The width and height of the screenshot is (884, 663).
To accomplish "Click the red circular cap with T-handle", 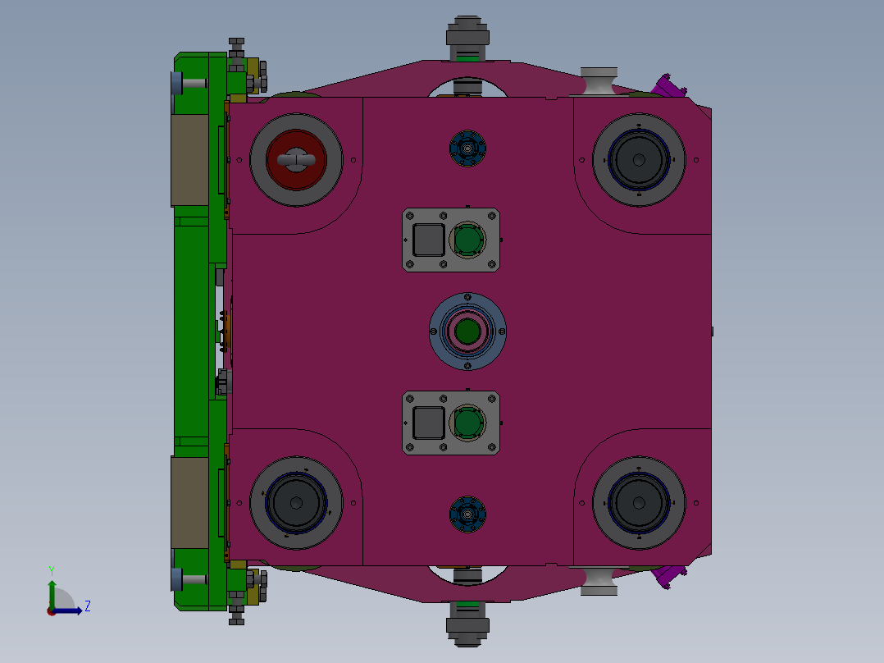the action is pos(296,160).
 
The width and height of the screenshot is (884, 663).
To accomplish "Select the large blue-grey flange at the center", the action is pos(467,331).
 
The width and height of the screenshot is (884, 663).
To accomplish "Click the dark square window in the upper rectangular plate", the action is pos(429,240).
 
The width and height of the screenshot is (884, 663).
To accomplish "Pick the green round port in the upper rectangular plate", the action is pos(467,240).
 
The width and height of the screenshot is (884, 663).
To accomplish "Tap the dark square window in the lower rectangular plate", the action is pos(429,423).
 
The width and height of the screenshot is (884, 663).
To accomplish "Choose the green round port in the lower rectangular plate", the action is pos(467,423).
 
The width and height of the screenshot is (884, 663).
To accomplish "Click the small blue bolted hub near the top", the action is pos(467,149).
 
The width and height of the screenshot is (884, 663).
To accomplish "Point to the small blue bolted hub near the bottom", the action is pos(467,514).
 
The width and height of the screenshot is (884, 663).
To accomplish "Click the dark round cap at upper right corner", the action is pos(639,160).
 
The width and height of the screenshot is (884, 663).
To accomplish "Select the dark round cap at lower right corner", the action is pos(639,503).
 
